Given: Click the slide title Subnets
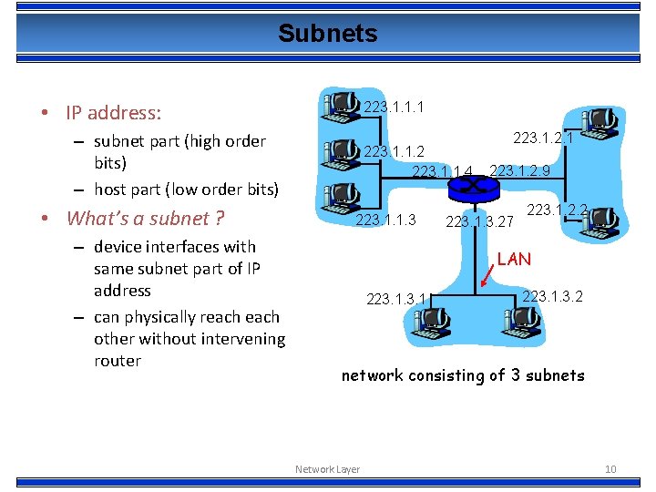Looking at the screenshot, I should click(327, 34).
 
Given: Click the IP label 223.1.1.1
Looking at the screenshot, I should click(393, 108).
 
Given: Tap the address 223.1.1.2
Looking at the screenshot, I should click(394, 151).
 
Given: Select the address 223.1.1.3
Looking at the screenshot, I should click(385, 220).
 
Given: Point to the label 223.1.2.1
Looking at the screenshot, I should click(543, 138).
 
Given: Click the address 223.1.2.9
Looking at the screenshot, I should click(519, 170).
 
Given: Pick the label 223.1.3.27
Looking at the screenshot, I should click(479, 220).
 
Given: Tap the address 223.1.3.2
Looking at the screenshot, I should click(552, 295).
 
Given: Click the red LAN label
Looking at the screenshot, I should click(514, 260).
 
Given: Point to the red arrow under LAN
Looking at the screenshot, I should click(487, 277).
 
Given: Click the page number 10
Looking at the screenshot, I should click(610, 469).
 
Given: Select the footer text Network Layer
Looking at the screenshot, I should click(327, 469).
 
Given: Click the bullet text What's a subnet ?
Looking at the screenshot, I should click(146, 218).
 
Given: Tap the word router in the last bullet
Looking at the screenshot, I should click(118, 361).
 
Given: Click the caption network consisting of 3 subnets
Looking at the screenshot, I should click(463, 375).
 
